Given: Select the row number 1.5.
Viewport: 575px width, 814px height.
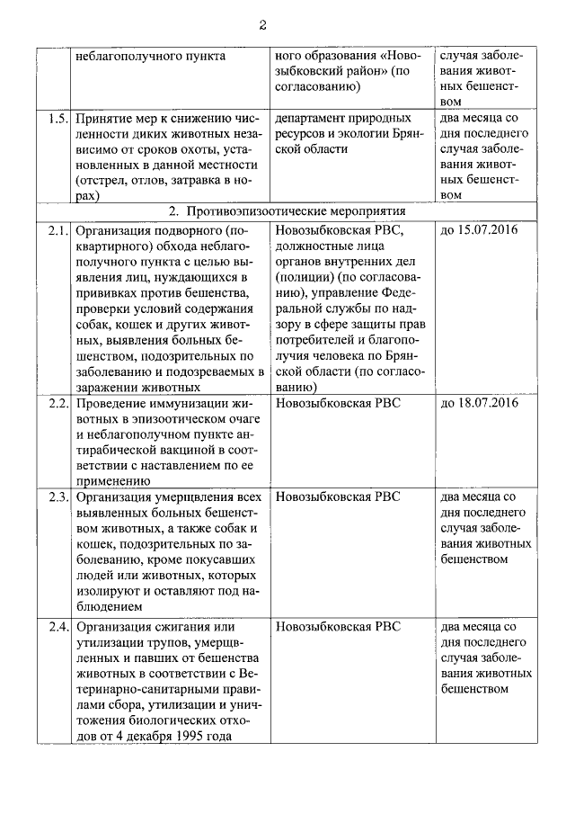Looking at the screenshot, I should [57, 119].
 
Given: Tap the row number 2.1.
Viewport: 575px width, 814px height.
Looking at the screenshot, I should [57, 231].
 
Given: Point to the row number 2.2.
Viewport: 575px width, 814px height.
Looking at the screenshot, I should [57, 403].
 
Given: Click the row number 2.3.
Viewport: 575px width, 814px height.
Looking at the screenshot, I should [57, 496].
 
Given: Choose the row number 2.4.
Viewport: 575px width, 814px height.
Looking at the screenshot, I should [57, 627].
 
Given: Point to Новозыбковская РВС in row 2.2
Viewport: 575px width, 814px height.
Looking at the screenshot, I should [338, 403].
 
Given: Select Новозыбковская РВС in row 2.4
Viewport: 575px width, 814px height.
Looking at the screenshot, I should [338, 627].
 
